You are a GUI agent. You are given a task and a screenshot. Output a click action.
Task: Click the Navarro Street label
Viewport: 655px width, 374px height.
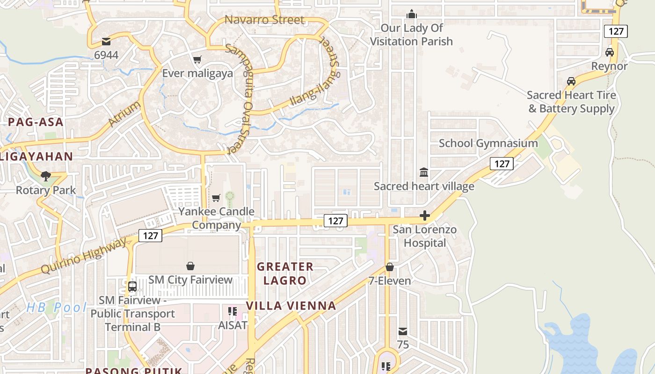tap(264, 20)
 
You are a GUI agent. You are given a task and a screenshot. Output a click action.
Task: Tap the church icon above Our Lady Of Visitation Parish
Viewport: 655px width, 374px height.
tap(412, 14)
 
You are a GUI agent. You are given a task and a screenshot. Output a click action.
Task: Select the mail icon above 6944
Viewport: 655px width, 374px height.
tap(106, 42)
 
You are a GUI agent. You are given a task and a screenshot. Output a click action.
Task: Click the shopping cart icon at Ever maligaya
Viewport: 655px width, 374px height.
tap(197, 59)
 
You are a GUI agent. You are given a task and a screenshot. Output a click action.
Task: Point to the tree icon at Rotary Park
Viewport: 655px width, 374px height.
tap(45, 176)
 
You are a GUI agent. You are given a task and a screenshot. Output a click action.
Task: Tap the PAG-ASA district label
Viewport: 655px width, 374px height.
tap(35, 122)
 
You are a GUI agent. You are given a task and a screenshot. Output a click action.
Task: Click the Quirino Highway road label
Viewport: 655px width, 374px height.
tap(84, 256)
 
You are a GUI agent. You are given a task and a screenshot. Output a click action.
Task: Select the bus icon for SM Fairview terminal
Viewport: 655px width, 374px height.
tap(132, 286)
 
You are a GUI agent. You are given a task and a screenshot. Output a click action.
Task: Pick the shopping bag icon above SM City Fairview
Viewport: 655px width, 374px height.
tap(190, 266)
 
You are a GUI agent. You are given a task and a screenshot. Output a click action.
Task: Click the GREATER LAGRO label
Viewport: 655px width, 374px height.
tap(285, 273)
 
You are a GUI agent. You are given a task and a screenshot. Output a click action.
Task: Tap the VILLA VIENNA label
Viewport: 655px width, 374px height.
tap(291, 306)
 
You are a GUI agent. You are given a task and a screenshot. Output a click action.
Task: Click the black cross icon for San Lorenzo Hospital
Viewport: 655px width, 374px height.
tap(425, 216)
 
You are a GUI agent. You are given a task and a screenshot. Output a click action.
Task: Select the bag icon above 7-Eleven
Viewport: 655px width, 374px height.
tap(389, 267)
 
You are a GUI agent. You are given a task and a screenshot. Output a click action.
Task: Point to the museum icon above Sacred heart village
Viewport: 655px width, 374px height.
tap(424, 172)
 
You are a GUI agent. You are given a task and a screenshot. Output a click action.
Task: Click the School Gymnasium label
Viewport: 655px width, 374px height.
tap(488, 143)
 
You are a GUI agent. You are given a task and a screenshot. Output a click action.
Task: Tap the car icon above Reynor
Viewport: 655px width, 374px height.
tap(609, 52)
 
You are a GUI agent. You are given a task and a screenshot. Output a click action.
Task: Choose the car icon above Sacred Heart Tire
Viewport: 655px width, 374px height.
tap(571, 81)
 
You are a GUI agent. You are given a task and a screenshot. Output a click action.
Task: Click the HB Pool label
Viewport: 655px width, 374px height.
tap(56, 307)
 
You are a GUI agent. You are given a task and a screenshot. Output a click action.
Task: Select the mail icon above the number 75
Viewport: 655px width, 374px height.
tap(402, 331)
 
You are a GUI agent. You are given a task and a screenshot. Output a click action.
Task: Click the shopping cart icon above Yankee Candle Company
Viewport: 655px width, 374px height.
tap(216, 198)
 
